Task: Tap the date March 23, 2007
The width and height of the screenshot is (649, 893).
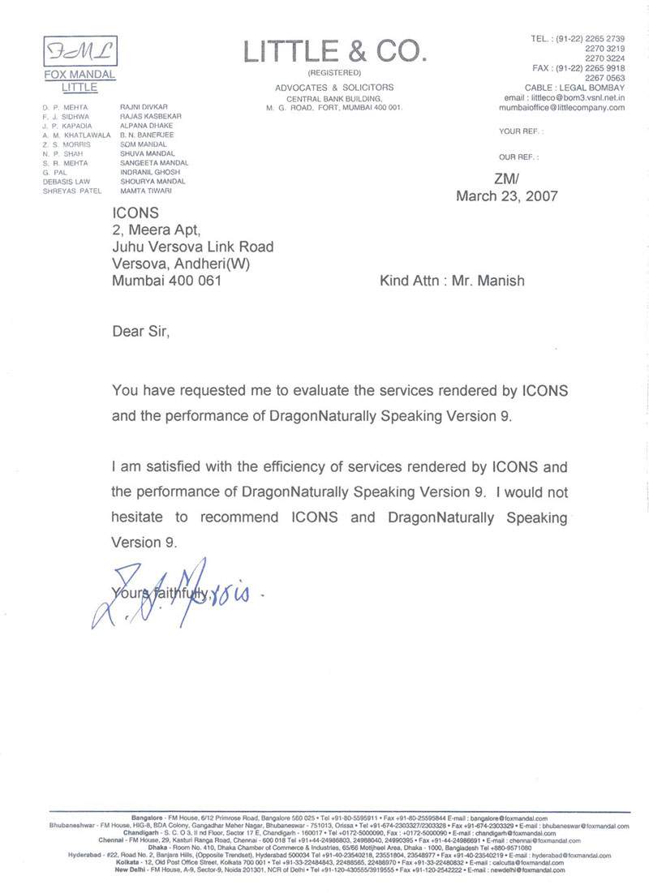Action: (508, 195)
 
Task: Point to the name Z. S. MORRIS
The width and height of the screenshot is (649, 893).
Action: (64, 144)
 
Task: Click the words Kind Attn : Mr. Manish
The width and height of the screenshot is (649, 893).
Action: (452, 281)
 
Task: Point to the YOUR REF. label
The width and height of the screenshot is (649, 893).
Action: (521, 131)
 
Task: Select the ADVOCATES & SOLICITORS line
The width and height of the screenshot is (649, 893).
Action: (333, 88)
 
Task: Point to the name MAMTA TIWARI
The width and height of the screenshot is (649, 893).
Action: (144, 190)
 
